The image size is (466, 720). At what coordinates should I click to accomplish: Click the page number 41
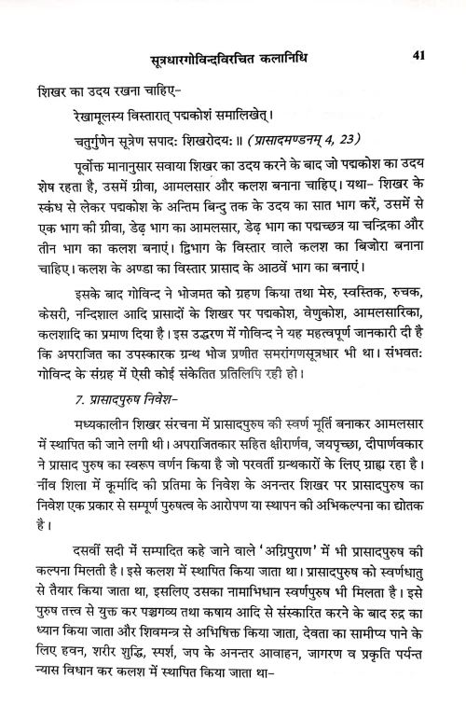coord(418,55)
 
